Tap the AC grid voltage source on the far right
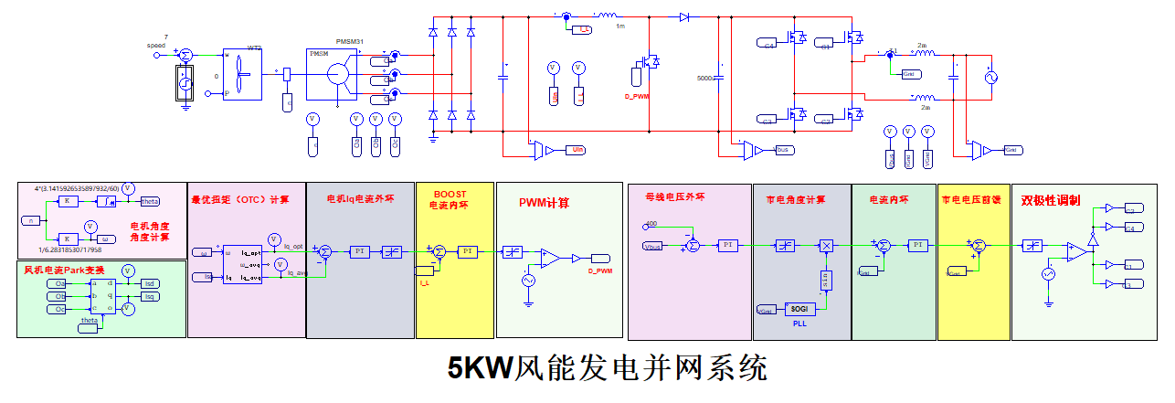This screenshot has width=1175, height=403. pyautogui.click(x=990, y=79)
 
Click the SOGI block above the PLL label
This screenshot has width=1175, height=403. pyautogui.click(x=799, y=309)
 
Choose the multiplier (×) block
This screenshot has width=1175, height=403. pyautogui.click(x=826, y=245)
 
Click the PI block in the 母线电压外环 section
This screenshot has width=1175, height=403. pyautogui.click(x=728, y=245)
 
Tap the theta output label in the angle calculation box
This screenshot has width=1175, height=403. pyautogui.click(x=150, y=202)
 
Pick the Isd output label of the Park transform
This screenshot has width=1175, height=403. pyautogui.click(x=150, y=283)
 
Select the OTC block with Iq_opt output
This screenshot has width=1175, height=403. pyautogui.click(x=242, y=264)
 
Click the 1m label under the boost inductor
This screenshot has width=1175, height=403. pyautogui.click(x=620, y=27)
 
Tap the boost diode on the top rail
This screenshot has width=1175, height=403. pyautogui.click(x=684, y=16)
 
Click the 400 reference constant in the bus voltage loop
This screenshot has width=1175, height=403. pyautogui.click(x=651, y=224)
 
